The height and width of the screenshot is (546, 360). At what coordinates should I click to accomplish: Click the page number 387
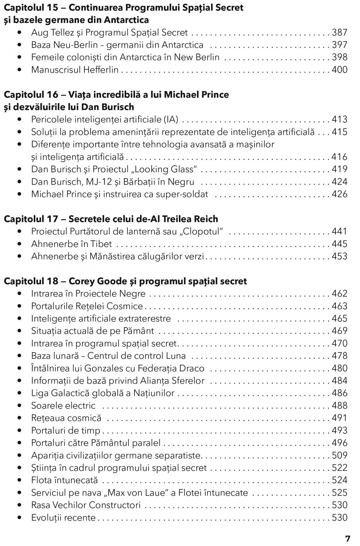click(340, 32)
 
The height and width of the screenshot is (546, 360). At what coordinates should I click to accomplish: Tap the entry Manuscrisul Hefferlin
click(75, 70)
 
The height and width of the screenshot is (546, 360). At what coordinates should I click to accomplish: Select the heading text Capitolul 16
click(31, 95)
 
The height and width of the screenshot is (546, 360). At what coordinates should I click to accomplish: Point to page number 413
click(340, 119)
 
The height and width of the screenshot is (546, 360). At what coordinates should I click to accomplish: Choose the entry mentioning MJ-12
click(113, 182)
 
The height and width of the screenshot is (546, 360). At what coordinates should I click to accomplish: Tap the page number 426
click(340, 194)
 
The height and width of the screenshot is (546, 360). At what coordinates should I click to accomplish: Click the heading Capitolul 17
click(31, 219)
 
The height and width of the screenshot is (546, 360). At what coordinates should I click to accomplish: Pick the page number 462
click(340, 293)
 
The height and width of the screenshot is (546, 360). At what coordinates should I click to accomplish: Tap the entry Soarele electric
click(63, 405)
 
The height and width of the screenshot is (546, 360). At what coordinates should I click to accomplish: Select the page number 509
click(340, 455)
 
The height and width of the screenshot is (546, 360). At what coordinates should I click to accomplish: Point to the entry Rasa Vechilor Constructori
click(86, 505)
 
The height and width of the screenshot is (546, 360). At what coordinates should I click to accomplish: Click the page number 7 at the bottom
click(348, 539)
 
